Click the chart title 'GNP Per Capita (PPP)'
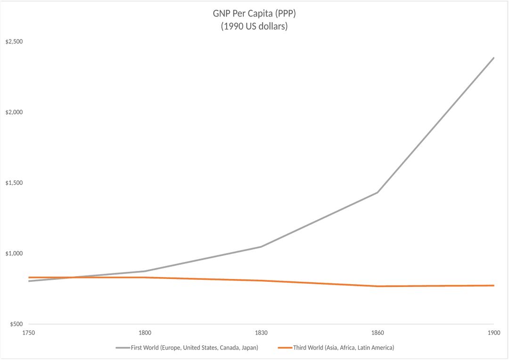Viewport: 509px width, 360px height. click(x=254, y=14)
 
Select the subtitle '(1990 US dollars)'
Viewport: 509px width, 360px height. click(x=254, y=26)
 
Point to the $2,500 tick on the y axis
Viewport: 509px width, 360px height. click(x=14, y=42)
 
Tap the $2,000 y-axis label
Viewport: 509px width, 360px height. click(x=14, y=113)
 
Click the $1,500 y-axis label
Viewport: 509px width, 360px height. click(x=14, y=183)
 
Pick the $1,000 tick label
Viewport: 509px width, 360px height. click(x=14, y=254)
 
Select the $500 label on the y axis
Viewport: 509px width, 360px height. click(x=16, y=325)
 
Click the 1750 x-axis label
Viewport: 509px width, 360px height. click(x=29, y=333)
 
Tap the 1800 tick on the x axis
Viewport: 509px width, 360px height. click(x=145, y=333)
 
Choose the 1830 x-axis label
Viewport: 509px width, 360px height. click(x=261, y=333)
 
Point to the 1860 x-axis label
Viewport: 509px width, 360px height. click(x=378, y=333)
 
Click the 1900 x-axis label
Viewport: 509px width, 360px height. click(x=493, y=333)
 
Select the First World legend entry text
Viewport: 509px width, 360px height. click(x=194, y=348)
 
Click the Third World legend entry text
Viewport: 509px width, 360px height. click(x=343, y=348)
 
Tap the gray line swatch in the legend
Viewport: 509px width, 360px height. click(x=122, y=348)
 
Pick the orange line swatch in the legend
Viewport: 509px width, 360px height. click(x=285, y=348)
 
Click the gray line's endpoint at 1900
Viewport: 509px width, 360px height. click(x=493, y=58)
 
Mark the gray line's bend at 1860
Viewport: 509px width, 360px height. click(x=378, y=192)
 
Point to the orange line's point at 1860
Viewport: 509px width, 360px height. click(x=378, y=286)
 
